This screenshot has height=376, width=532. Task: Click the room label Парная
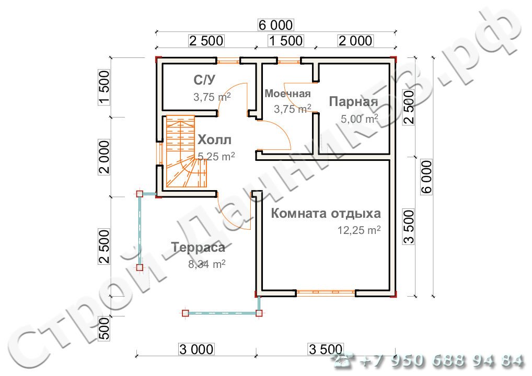click(353, 102)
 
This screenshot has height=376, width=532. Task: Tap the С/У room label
click(204, 80)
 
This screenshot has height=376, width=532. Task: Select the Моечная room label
click(287, 93)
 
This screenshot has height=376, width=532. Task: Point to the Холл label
click(214, 139)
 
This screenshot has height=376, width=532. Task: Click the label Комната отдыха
click(326, 213)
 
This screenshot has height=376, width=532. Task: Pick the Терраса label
click(198, 247)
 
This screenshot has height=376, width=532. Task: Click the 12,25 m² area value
click(359, 230)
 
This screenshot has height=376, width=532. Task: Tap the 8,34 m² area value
click(207, 264)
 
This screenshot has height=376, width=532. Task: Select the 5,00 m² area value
click(360, 119)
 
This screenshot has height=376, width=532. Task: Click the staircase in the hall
click(186, 151)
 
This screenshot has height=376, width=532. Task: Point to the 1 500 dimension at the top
click(286, 41)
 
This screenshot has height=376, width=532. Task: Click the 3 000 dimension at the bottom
click(196, 349)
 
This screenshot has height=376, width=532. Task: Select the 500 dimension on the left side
click(105, 328)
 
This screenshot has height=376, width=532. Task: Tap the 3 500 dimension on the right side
click(409, 227)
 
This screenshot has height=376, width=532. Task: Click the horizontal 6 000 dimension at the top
click(275, 25)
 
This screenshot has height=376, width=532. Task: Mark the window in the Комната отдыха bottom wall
click(326, 293)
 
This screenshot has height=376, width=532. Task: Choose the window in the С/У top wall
click(228, 62)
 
